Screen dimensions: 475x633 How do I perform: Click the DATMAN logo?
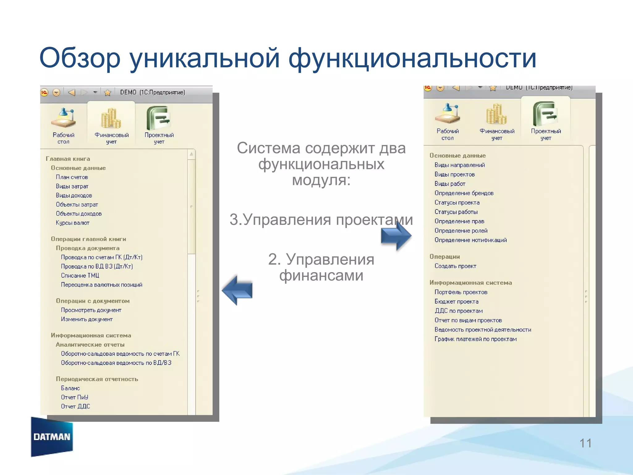coord(52,437)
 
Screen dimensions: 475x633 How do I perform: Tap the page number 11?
coord(585,443)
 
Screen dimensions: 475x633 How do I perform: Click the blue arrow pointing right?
coord(396,236)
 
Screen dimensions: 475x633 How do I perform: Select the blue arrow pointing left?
coord(237,290)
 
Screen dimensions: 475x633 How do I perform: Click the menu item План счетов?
coord(72,177)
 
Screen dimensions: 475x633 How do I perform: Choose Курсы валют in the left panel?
coord(72,223)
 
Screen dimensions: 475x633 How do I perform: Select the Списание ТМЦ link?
coord(80,276)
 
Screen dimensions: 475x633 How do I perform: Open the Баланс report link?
coord(70,388)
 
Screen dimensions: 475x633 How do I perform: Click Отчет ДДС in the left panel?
coord(75,406)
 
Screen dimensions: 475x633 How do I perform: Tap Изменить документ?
coord(87,319)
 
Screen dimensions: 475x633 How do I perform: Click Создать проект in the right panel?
coord(455,266)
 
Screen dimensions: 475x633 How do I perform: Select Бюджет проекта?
coord(456,302)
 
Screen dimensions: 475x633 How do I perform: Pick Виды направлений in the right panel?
coord(459,165)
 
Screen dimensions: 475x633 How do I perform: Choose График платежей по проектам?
coord(475,339)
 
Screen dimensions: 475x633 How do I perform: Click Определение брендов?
coord(464,193)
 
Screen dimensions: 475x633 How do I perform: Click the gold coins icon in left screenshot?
coord(111,118)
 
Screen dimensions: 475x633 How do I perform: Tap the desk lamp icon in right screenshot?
coord(447,113)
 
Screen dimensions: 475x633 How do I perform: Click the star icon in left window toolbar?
coord(107,92)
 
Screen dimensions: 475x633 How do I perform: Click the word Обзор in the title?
coord(80,58)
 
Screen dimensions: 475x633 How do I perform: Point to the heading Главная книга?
coord(68,159)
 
